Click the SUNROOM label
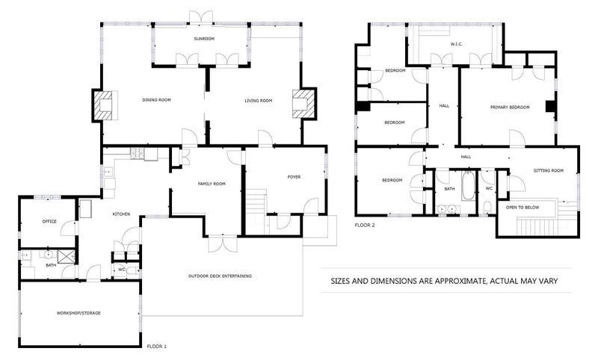203,38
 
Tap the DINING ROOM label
158,100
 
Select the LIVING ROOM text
259,100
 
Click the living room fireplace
304,105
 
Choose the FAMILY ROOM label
211,184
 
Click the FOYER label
294,177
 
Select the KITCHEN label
122,214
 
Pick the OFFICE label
49,221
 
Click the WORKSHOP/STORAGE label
78,313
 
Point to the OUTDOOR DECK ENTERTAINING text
219,276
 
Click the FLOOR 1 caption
156,347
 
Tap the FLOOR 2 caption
365,224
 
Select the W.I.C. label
457,44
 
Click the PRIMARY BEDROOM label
510,108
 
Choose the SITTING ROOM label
548,171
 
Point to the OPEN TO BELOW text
523,207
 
